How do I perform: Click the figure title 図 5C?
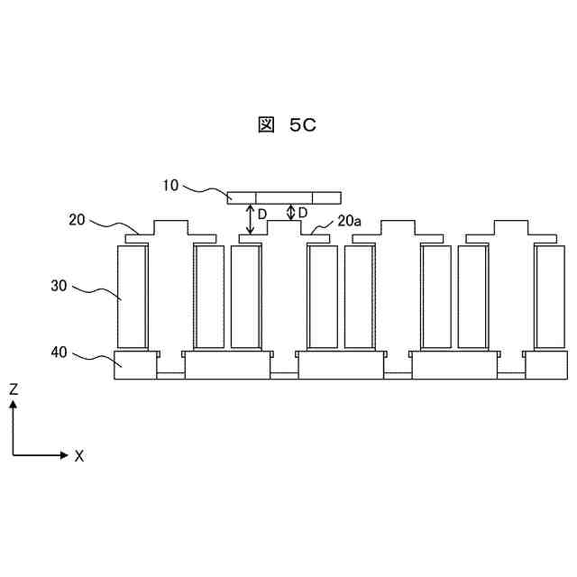(288, 126)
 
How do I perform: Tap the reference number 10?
(171, 186)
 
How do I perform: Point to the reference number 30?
(59, 285)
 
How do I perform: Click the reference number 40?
(59, 353)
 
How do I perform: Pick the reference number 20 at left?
(78, 218)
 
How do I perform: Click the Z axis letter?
(14, 389)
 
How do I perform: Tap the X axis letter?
(79, 456)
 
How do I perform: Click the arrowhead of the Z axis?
(14, 405)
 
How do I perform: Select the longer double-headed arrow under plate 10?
(251, 219)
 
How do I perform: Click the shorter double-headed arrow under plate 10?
(290, 212)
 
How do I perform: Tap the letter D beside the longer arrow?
(262, 214)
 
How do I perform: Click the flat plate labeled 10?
(284, 197)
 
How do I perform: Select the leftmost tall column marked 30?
(133, 297)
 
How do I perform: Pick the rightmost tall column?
(549, 297)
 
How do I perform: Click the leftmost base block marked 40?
(135, 365)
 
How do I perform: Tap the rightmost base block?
(545, 365)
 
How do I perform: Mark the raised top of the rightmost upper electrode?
(510, 226)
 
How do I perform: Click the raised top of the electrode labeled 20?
(170, 226)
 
